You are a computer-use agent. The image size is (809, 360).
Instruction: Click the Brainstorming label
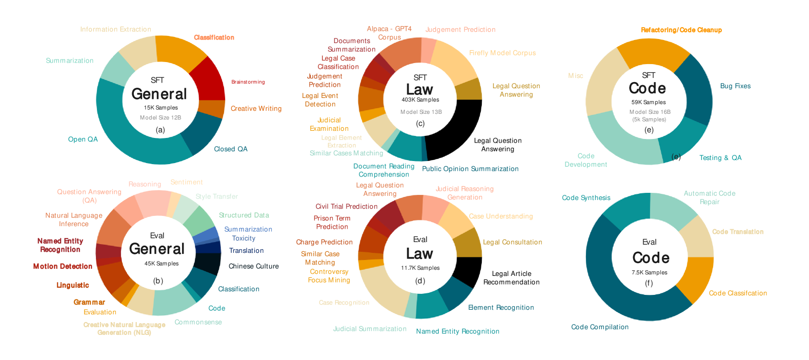coord(248,82)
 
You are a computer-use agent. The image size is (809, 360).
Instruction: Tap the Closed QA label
coord(231,149)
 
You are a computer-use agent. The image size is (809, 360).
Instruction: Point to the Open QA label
coord(83,139)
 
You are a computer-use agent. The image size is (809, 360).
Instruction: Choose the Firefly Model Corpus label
coord(502,53)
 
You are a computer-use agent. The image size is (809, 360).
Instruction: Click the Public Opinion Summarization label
coord(470,169)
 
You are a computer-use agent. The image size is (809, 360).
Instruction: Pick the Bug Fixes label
coord(735,86)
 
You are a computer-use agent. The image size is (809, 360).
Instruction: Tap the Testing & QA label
coord(720,158)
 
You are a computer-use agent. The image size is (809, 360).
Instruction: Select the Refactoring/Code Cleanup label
coord(681,30)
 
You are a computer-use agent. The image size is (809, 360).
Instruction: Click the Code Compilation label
coord(600,327)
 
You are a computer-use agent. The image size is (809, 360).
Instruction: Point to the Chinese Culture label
coord(254,266)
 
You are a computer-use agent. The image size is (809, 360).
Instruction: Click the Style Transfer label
coord(217,196)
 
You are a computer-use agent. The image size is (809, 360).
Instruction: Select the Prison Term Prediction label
coord(332,223)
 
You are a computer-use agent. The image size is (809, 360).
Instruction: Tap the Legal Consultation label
coord(513,242)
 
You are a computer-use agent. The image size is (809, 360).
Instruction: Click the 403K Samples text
coord(420,100)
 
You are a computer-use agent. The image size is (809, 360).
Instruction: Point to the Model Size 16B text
coord(650,112)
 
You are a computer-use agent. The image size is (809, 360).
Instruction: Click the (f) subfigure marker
coord(649,283)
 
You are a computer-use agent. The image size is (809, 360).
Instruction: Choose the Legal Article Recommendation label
coord(511,278)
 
